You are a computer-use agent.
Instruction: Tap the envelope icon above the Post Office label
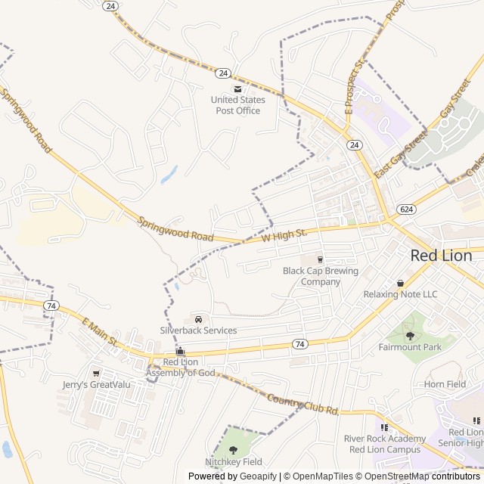pos(237,89)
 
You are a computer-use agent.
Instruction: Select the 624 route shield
pos(406,209)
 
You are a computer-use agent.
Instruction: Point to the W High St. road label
pos(284,236)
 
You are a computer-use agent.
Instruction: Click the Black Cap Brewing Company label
pos(321,276)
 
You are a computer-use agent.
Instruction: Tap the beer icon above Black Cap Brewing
pos(320,260)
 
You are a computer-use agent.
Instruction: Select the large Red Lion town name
pos(441,256)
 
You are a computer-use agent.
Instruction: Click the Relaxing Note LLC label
pos(400,294)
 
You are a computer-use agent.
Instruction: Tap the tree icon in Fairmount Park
pos(410,336)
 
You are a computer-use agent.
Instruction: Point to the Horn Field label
pos(445,384)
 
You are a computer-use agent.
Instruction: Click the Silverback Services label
pos(198,330)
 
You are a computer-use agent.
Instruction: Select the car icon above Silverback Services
pos(198,318)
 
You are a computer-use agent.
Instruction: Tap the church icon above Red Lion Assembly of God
pos(180,351)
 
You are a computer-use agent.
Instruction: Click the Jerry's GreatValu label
pos(96,384)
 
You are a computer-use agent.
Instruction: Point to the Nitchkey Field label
pos(233,461)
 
